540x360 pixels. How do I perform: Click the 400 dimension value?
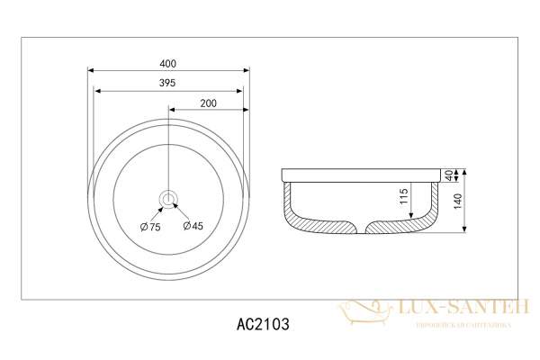(x=167, y=64)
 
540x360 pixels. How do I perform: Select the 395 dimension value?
(x=167, y=83)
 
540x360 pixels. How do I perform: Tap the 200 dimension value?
(x=209, y=103)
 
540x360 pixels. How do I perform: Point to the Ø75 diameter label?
(x=150, y=227)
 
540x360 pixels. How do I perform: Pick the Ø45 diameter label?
(x=193, y=226)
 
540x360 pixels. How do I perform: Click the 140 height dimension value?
(x=458, y=202)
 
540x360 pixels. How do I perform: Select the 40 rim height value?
(x=449, y=175)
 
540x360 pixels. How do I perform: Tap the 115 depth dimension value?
(x=404, y=196)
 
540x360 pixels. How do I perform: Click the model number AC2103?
(x=263, y=324)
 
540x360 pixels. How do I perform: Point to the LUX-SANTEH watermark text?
(x=463, y=307)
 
